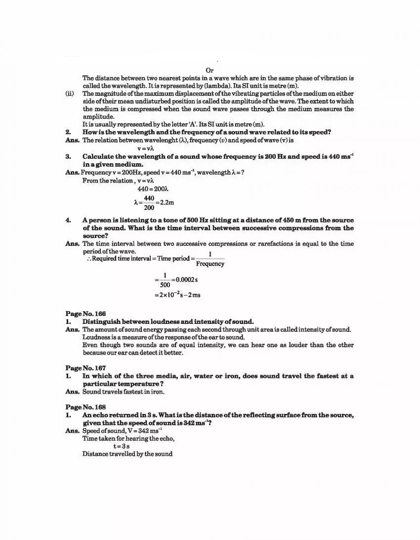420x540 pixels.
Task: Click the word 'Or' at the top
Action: click(210, 71)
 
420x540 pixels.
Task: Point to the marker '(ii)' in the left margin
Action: click(70, 93)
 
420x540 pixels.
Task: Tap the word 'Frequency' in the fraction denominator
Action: click(210, 264)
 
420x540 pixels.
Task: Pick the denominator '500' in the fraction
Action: click(165, 285)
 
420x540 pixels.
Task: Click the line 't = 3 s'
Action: click(121, 446)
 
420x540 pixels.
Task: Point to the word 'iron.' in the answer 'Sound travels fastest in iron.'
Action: click(157, 392)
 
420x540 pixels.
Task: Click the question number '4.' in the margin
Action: click(69, 220)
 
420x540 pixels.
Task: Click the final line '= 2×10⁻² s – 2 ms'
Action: click(177, 295)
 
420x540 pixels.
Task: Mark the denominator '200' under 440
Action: click(149, 208)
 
